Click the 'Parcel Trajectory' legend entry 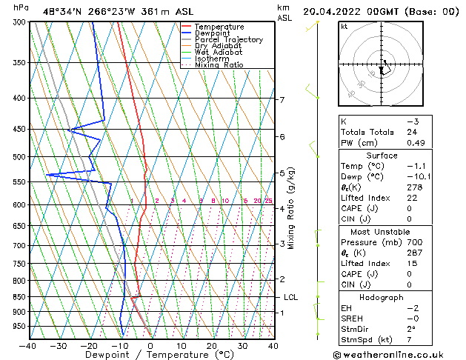(x=228, y=39)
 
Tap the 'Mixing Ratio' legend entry (x=219, y=65)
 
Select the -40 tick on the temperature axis (x=28, y=345)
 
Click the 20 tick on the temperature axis (x=212, y=345)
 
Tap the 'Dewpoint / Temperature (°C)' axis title (x=150, y=355)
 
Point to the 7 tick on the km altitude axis (x=282, y=100)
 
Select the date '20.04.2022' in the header (x=331, y=11)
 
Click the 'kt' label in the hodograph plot (x=344, y=26)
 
